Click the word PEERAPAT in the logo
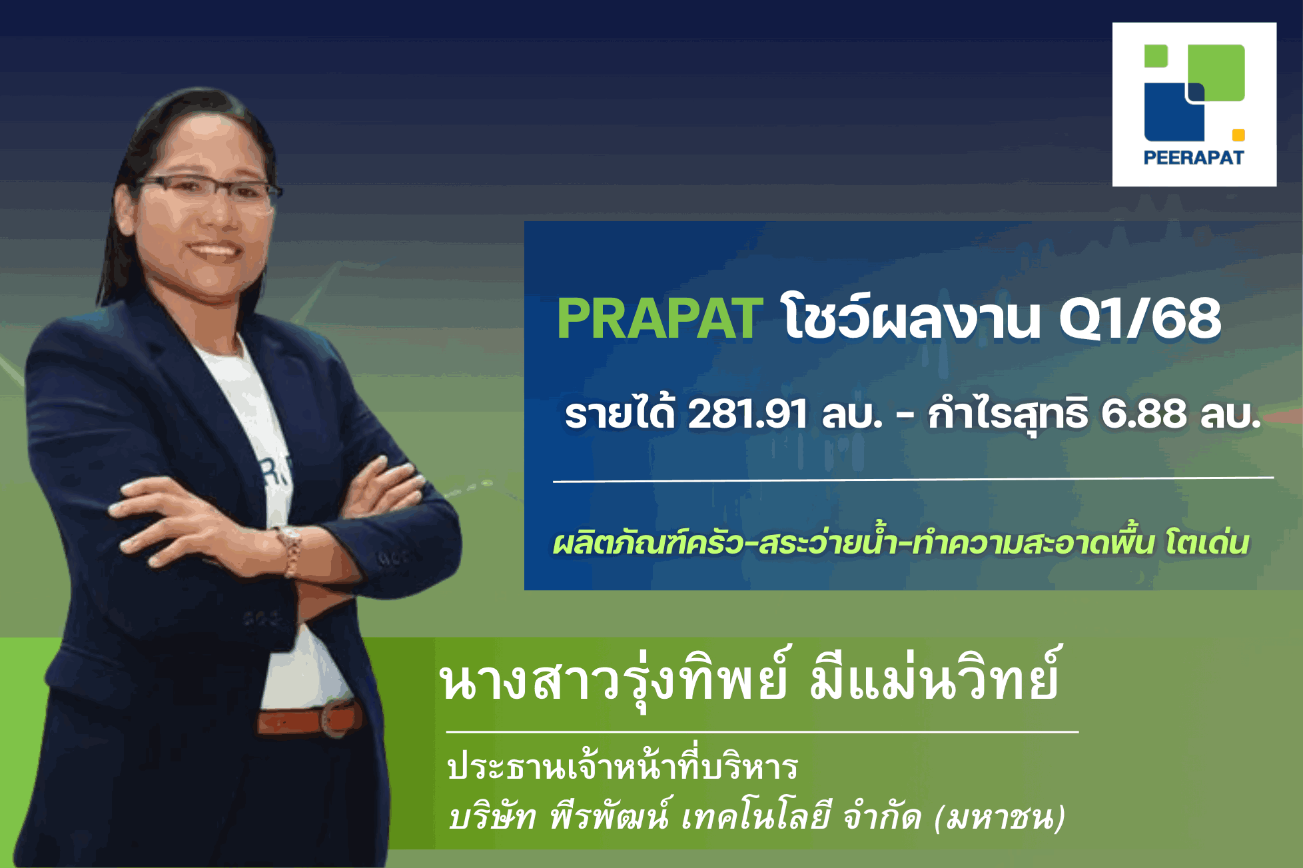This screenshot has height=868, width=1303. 1194,158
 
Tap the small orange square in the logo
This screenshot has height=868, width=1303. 1238,135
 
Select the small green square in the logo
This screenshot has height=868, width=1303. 1156,56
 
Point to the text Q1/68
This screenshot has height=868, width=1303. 1140,318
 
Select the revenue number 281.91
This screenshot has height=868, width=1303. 747,414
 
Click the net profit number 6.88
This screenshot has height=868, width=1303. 1143,414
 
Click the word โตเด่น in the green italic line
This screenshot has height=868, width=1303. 1207,543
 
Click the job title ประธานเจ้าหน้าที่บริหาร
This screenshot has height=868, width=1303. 623,767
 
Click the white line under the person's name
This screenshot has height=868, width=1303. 762,731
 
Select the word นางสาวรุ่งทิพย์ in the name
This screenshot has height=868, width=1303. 613,681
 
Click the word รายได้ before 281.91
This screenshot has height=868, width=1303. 620,414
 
